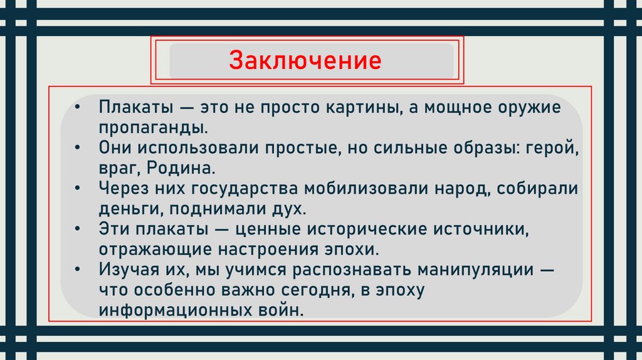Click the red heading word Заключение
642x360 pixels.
[305, 61]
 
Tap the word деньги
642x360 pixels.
[120, 208]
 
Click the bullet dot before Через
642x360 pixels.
[76, 189]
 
